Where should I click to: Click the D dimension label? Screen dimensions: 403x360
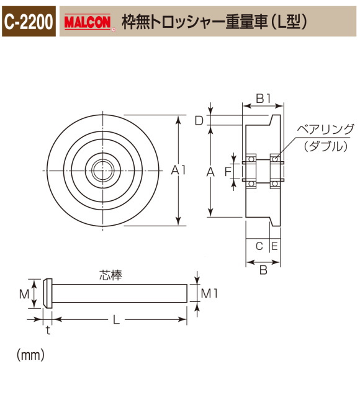(x=199, y=121)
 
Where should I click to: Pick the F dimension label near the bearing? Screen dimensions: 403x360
(x=228, y=169)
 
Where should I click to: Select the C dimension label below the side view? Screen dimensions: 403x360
(x=259, y=246)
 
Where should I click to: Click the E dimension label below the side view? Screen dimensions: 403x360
(x=274, y=246)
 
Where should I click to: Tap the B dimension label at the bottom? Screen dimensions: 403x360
(x=263, y=270)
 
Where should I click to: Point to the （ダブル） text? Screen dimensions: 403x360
(x=325, y=146)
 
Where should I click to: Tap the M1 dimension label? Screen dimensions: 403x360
(x=209, y=293)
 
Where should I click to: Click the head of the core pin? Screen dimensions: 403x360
(x=47, y=293)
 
